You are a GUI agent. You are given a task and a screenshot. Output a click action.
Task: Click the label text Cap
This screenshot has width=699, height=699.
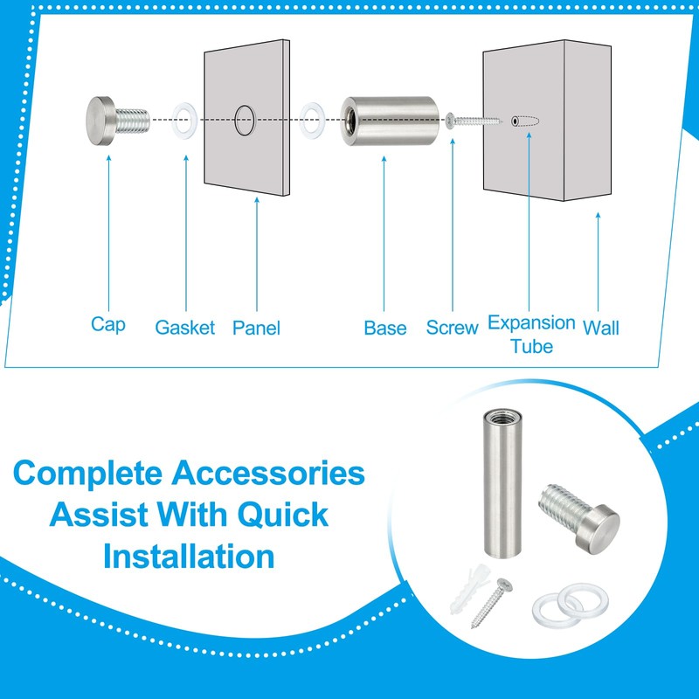tap(107, 324)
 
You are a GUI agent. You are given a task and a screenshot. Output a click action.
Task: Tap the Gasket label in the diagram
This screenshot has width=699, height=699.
tap(184, 328)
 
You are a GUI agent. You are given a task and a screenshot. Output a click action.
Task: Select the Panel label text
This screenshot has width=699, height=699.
tap(256, 328)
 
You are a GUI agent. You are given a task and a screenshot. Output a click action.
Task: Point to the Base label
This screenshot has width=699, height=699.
tap(385, 328)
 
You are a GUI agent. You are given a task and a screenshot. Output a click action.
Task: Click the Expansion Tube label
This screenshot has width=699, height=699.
tap(531, 334)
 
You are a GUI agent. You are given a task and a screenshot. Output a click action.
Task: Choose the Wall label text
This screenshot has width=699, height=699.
tap(601, 328)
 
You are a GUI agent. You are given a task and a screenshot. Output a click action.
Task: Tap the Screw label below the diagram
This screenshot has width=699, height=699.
tap(452, 328)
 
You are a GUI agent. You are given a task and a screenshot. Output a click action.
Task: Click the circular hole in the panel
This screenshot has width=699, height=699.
tap(244, 119)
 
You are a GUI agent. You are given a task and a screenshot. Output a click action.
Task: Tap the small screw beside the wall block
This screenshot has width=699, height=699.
tap(472, 121)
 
